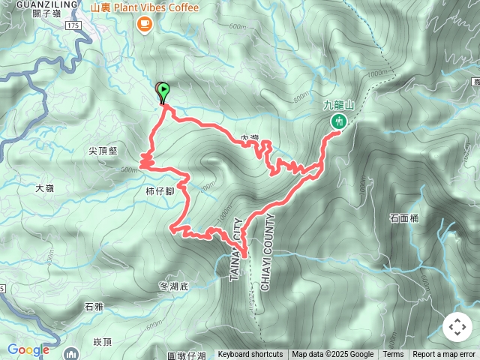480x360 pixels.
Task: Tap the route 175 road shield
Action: coord(73,25)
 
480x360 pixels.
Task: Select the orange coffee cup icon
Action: coord(144,25)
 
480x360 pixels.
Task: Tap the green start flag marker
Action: coord(163,90)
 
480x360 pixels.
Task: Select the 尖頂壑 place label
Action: coord(103,151)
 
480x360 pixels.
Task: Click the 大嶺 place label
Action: coord(46,188)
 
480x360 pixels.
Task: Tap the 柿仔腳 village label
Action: coord(160,191)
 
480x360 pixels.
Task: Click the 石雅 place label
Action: coord(94,306)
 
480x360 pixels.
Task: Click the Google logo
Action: coord(28,349)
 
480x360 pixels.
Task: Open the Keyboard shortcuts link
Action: coord(250,355)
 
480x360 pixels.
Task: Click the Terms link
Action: coord(393,355)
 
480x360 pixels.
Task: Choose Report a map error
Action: coord(443,355)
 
